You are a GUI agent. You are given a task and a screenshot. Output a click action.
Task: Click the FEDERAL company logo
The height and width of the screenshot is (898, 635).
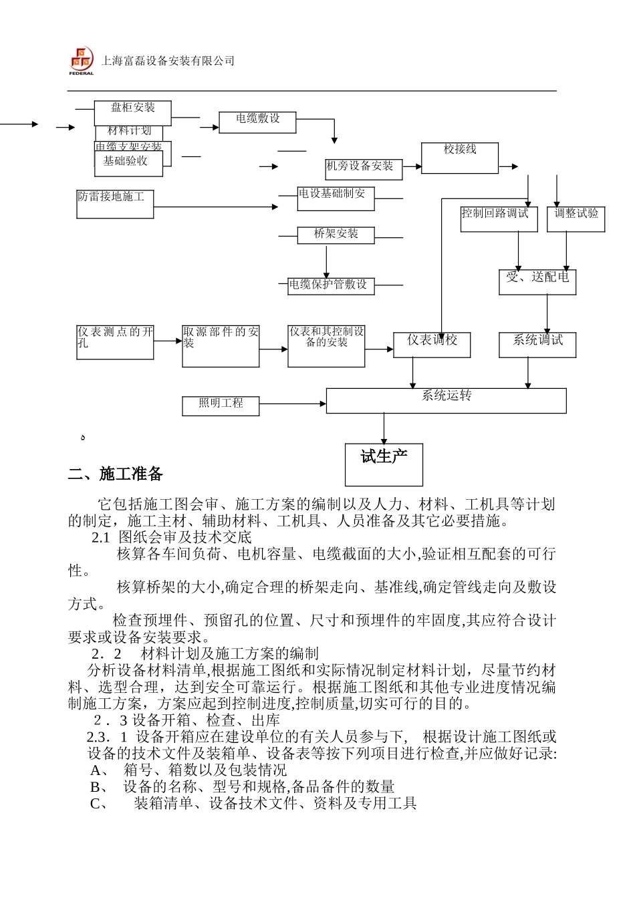82,61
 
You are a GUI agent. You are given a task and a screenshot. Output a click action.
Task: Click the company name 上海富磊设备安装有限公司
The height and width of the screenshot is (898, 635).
168,61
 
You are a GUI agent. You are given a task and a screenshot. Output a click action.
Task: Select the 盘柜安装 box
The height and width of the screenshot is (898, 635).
132,112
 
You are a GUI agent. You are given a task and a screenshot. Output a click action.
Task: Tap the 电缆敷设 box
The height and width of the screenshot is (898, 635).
257,122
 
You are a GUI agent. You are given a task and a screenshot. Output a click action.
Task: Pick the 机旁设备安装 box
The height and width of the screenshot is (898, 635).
364,168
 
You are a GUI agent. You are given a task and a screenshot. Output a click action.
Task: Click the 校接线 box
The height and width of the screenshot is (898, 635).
460,158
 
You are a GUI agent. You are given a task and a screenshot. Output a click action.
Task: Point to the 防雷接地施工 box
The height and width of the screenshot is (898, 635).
115,204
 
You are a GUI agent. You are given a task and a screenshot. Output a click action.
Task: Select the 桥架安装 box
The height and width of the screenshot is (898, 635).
336,235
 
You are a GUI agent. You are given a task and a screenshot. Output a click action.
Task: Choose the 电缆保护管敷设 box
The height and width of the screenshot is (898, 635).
328,285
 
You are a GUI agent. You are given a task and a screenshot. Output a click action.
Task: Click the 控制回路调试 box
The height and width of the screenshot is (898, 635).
499,218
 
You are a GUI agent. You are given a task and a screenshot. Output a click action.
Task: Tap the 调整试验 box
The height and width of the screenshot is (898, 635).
576,218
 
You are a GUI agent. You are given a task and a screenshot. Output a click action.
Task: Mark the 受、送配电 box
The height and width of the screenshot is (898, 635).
537,282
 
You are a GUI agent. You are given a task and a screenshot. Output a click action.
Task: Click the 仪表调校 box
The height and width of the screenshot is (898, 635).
432,345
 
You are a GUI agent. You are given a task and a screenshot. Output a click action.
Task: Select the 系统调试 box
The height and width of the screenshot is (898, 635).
537,345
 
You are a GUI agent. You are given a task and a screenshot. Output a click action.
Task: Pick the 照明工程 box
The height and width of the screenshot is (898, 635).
221,405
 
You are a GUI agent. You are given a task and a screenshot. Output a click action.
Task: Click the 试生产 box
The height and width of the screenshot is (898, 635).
384,464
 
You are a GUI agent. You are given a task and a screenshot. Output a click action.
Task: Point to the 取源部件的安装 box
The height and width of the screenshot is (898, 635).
221,345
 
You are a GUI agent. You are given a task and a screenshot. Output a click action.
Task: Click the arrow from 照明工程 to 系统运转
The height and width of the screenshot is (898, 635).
292,404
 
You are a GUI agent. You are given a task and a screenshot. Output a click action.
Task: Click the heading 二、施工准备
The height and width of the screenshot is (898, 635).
116,474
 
